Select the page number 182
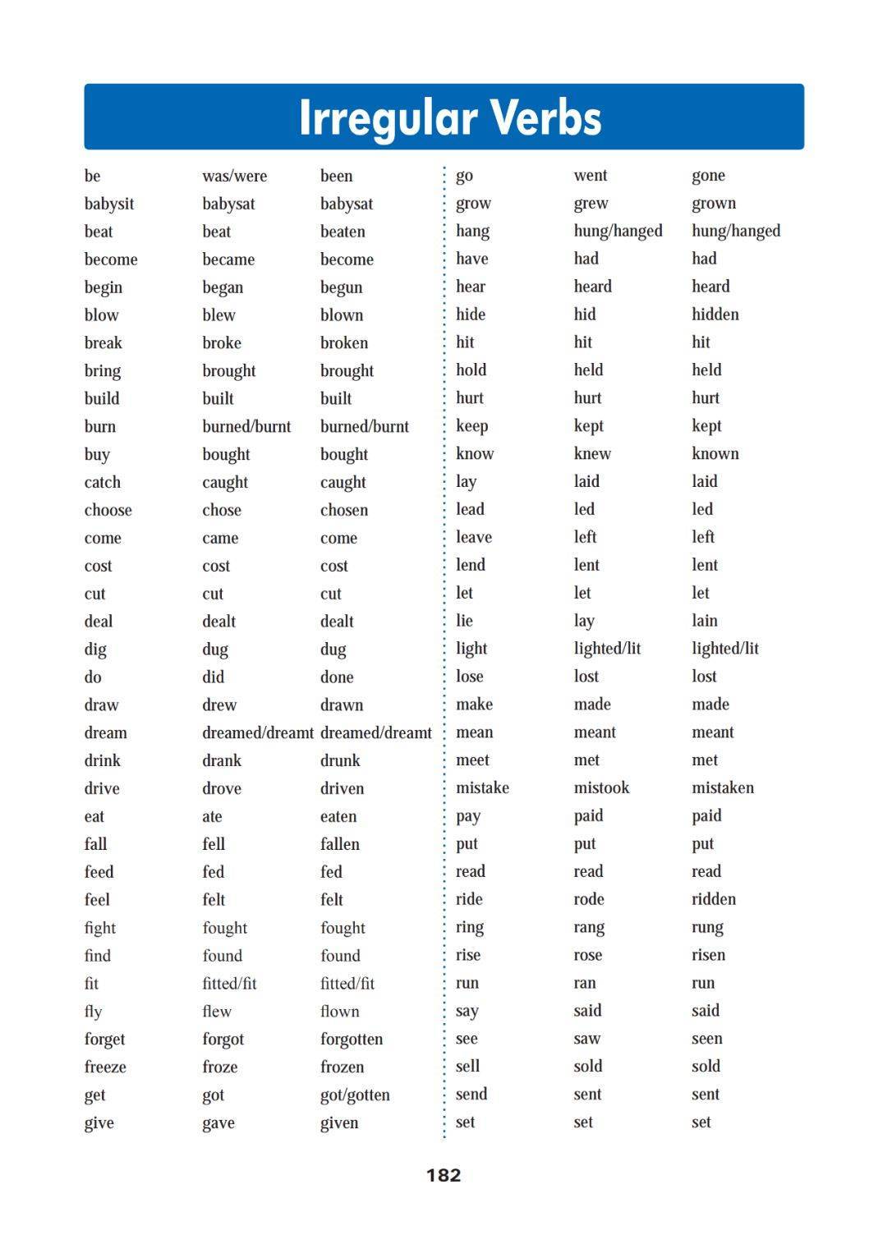pyautogui.click(x=443, y=1175)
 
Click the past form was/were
pyautogui.click(x=234, y=176)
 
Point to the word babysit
pyautogui.click(x=108, y=204)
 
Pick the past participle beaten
pyautogui.click(x=342, y=232)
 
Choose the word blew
pyautogui.click(x=218, y=315)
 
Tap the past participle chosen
pyautogui.click(x=344, y=510)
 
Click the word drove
pyautogui.click(x=222, y=788)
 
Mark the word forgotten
pyautogui.click(x=352, y=1039)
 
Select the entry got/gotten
pyautogui.click(x=355, y=1095)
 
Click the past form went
pyautogui.click(x=591, y=175)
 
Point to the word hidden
pyautogui.click(x=715, y=314)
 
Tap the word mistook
pyautogui.click(x=601, y=787)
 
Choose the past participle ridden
pyautogui.click(x=714, y=899)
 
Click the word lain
pyautogui.click(x=704, y=621)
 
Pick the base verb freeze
pyautogui.click(x=105, y=1067)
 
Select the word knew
pyautogui.click(x=592, y=453)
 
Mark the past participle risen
pyautogui.click(x=708, y=955)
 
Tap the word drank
pyautogui.click(x=222, y=760)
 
